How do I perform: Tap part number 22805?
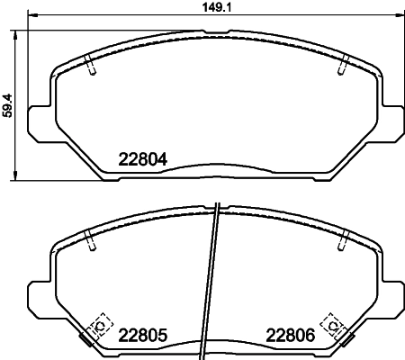pyautogui.click(x=144, y=336)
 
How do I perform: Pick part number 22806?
pyautogui.click(x=291, y=336)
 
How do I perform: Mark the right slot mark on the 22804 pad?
pyautogui.click(x=343, y=66)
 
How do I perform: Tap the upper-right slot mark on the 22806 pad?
pyautogui.click(x=343, y=239)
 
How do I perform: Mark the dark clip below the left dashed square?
pyautogui.click(x=87, y=339)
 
